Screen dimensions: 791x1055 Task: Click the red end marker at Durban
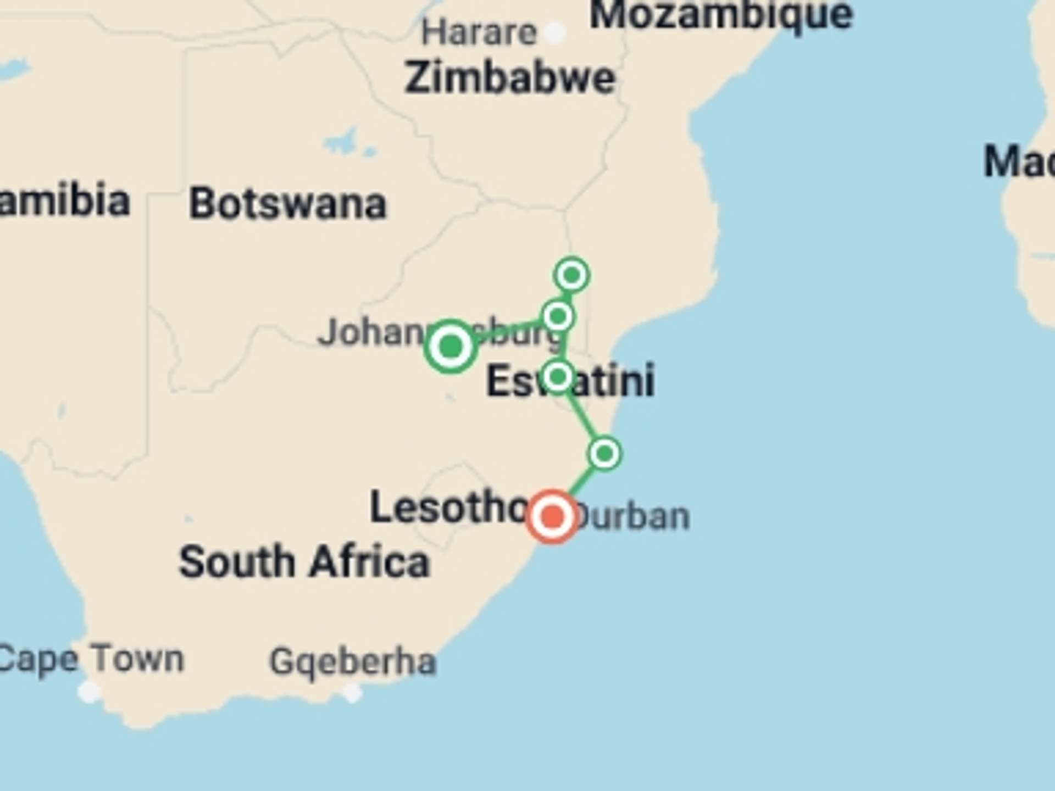point(552,516)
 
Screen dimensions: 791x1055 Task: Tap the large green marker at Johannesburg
point(451,347)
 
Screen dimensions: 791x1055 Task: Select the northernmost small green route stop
point(572,274)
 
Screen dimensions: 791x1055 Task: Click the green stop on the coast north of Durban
point(604,454)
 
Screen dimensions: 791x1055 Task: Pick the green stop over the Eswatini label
point(558,377)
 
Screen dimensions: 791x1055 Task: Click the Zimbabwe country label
point(509,78)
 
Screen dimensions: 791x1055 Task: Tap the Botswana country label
point(287,204)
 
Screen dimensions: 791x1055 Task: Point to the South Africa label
point(304,562)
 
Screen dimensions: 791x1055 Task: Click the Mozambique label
point(721,14)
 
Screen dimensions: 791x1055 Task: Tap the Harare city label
point(479,33)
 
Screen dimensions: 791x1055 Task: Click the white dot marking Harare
point(554,33)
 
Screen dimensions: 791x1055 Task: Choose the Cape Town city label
point(91,659)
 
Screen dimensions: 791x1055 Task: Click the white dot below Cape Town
point(88,691)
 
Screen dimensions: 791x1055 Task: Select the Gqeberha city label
point(353,661)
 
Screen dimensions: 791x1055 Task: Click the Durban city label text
point(632,516)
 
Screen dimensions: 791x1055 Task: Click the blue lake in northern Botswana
point(346,142)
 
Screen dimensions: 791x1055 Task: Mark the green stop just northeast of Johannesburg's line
point(558,316)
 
